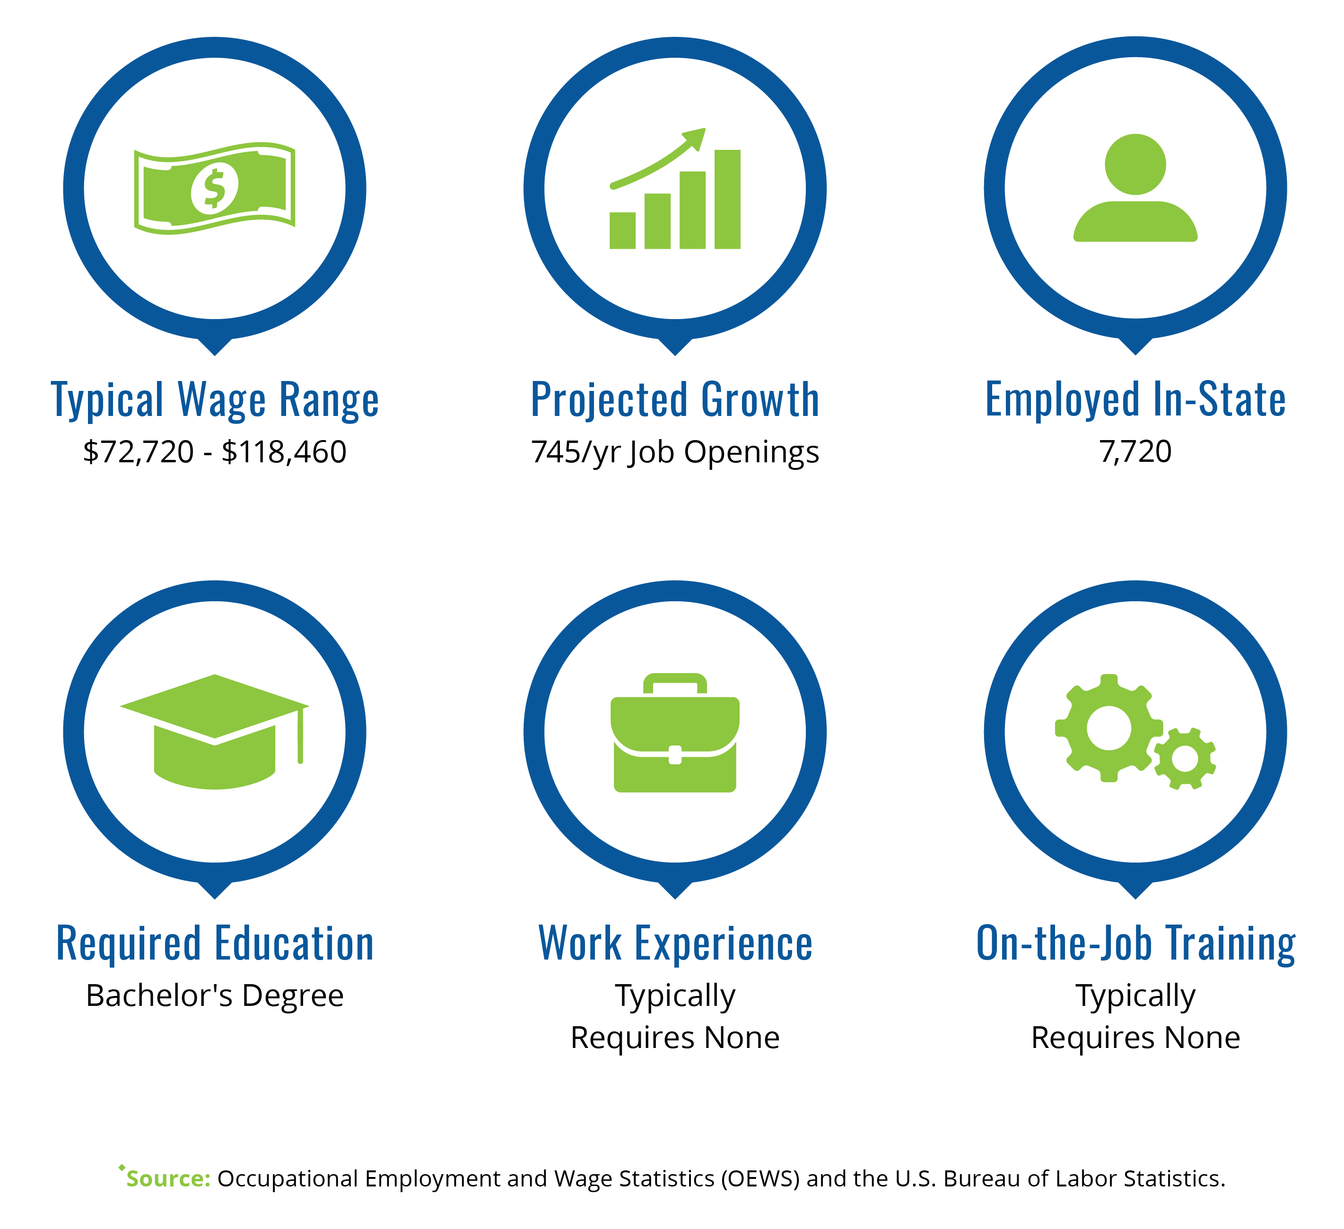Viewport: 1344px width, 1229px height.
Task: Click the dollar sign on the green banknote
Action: pyautogui.click(x=214, y=189)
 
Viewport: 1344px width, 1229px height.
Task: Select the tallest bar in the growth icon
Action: pyautogui.click(x=727, y=199)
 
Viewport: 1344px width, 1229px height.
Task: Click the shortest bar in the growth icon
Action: pyautogui.click(x=622, y=231)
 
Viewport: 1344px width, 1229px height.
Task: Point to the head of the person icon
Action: pyautogui.click(x=1135, y=164)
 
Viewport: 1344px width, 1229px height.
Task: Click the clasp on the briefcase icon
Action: pyautogui.click(x=675, y=754)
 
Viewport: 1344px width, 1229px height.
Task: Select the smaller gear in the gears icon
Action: pyautogui.click(x=1185, y=759)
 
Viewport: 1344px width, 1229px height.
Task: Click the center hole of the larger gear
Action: pyautogui.click(x=1108, y=728)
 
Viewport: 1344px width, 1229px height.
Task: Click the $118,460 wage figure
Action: pyautogui.click(x=284, y=452)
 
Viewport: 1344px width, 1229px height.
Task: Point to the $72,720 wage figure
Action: pyautogui.click(x=138, y=452)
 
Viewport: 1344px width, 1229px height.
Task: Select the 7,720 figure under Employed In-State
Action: pyautogui.click(x=1135, y=452)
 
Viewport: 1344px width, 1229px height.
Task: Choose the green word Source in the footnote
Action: pyautogui.click(x=168, y=1178)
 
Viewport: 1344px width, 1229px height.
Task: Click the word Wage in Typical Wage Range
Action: pyautogui.click(x=222, y=400)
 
